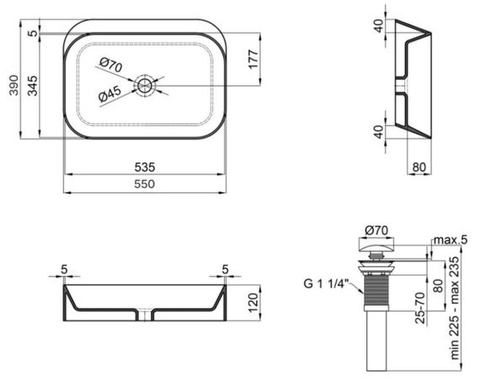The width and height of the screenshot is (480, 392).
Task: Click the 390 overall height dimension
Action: pos(11,84)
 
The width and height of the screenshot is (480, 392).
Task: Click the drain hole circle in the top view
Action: pos(148,85)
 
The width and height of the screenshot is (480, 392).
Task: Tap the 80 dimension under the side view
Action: pos(419,166)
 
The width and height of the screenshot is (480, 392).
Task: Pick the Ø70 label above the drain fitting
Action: pos(376,230)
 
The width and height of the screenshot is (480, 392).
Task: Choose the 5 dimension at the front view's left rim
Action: pos(64,270)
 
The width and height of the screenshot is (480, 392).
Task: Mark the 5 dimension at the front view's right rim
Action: pos(226,270)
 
